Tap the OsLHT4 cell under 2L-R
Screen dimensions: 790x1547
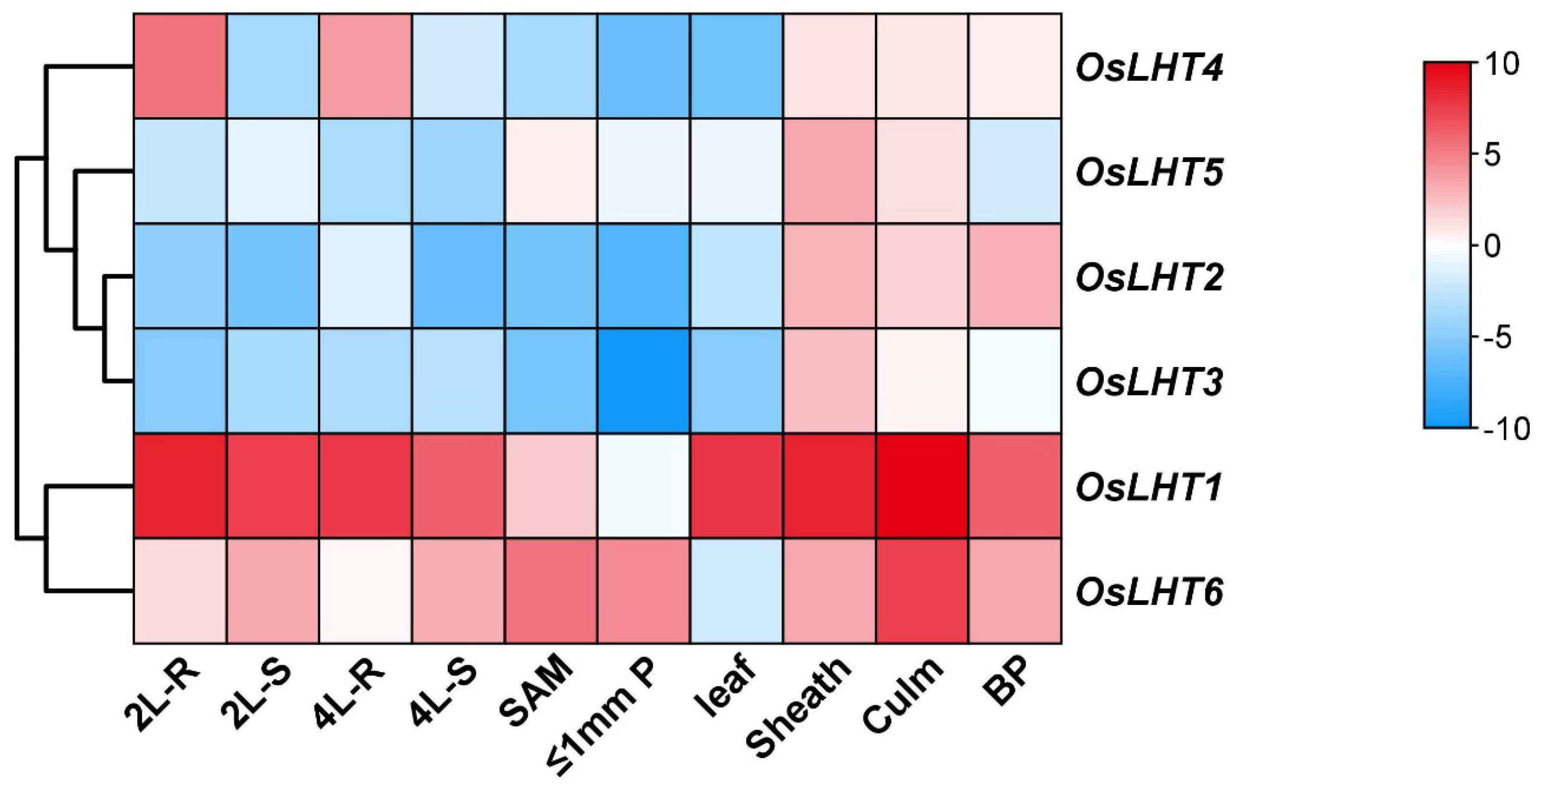(180, 66)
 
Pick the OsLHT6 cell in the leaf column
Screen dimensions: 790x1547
(737, 590)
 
